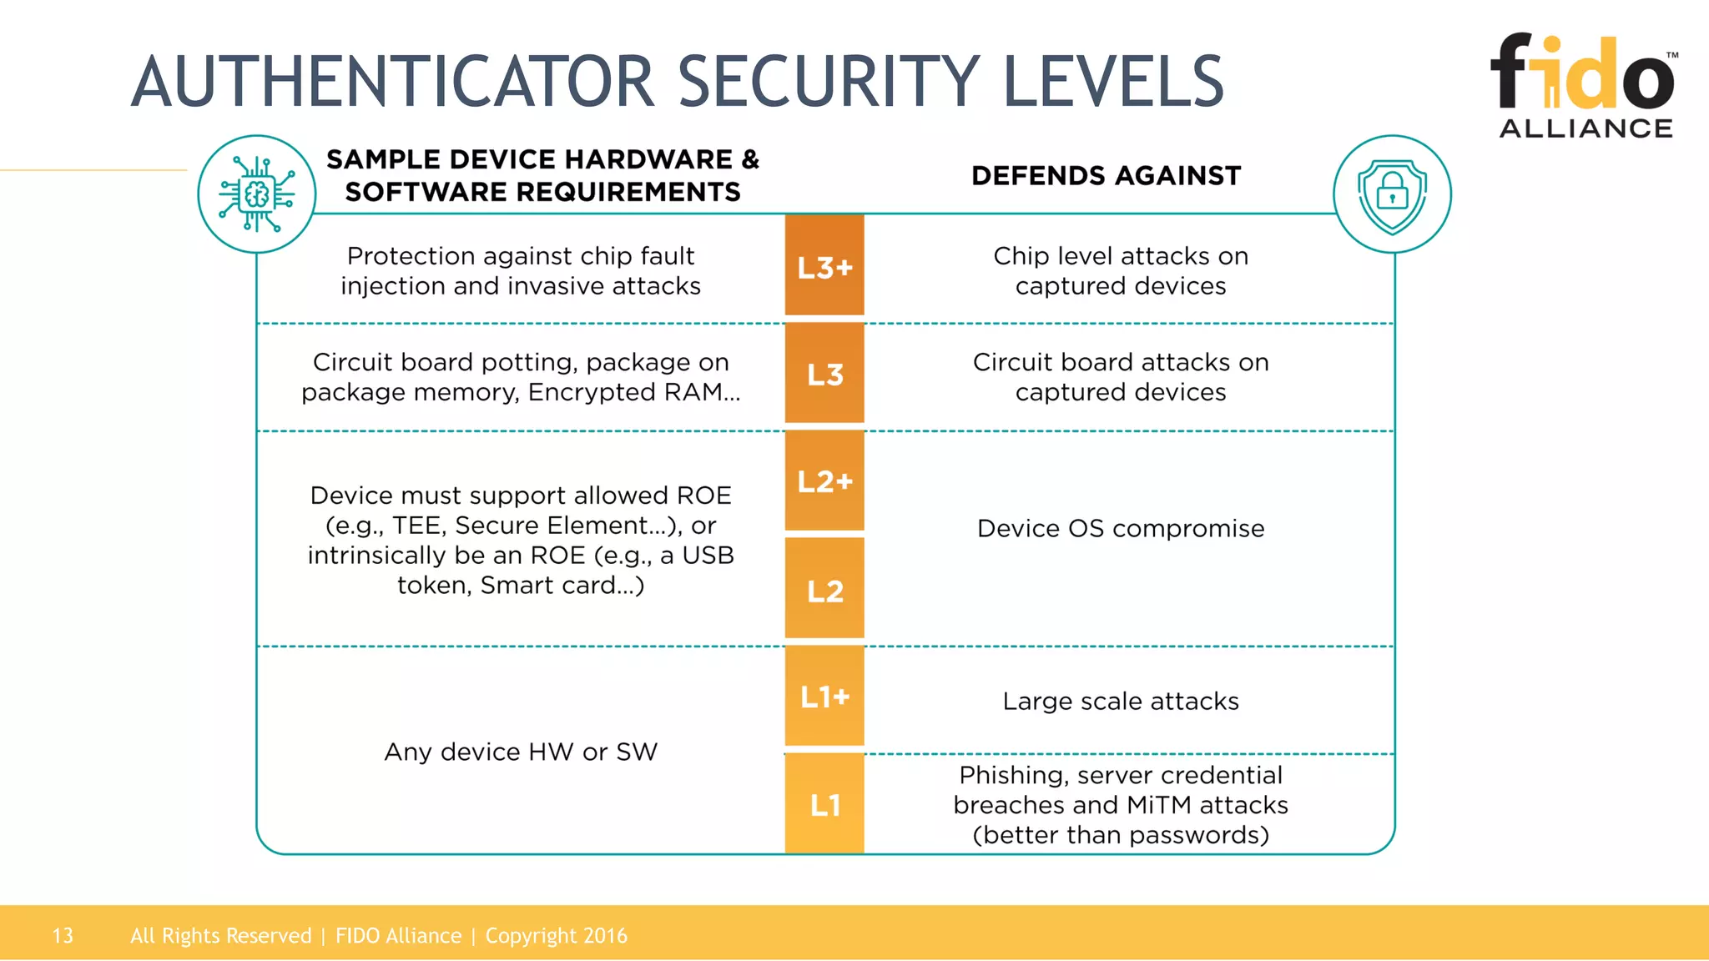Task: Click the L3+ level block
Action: [824, 266]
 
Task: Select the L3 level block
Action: [824, 374]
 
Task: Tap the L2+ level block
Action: [824, 480]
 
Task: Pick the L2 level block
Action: [824, 590]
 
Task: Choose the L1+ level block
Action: [824, 696]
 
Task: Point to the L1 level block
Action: [824, 804]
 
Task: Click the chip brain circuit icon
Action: [257, 194]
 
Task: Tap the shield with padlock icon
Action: [1392, 194]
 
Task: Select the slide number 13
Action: [63, 936]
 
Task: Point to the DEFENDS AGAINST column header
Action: [1107, 176]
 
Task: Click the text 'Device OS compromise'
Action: [1121, 529]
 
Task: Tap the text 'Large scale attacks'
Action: [1121, 702]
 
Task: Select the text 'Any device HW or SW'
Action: [521, 752]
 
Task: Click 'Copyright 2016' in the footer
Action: [557, 936]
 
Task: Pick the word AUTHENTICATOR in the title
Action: [392, 82]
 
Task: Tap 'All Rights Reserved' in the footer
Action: [221, 936]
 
